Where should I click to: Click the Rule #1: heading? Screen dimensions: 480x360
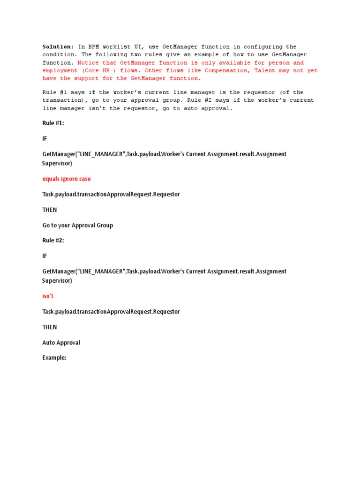[x=53, y=123]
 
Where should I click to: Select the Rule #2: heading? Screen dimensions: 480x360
[x=53, y=240]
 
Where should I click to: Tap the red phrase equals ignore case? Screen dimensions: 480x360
[x=67, y=179]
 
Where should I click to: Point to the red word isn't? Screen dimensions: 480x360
[x=48, y=296]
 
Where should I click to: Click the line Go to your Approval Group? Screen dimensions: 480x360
[x=77, y=225]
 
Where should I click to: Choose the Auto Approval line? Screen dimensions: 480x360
[x=61, y=343]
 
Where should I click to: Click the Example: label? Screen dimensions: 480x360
[x=54, y=358]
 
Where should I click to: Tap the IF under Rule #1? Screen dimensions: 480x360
[x=45, y=139]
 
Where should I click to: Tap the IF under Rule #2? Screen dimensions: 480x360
[x=45, y=256]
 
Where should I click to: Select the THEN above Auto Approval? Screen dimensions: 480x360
[x=49, y=327]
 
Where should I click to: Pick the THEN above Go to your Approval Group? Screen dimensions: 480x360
[x=49, y=210]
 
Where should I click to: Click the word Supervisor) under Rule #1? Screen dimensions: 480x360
[x=57, y=164]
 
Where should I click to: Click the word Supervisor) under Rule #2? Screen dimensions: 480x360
[x=57, y=281]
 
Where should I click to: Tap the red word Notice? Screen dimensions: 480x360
[x=89, y=63]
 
